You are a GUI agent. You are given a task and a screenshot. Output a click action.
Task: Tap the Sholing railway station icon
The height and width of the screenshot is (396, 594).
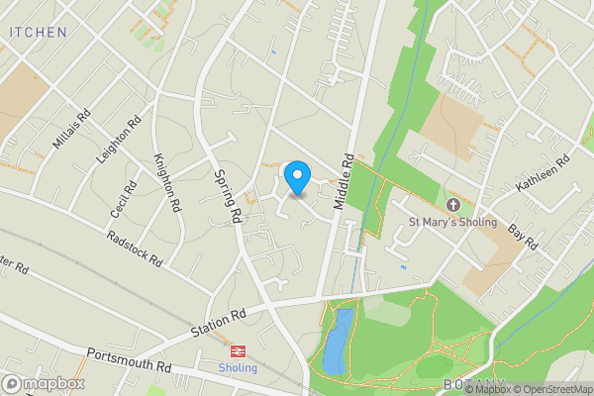(238, 350)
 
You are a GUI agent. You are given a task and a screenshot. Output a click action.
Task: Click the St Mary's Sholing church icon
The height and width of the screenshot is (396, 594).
(453, 205)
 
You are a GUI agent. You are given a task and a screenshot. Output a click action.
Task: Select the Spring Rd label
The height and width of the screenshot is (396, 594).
(228, 193)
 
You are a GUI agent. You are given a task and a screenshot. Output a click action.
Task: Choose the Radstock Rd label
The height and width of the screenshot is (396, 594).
(134, 248)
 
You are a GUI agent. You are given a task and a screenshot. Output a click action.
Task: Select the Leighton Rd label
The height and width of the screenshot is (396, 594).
(115, 145)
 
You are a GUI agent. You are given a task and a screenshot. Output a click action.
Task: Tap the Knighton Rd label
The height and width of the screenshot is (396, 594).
(167, 182)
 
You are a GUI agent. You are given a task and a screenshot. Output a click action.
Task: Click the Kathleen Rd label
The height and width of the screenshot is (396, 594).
(543, 173)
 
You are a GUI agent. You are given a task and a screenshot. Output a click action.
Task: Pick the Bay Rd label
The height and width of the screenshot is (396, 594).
(522, 237)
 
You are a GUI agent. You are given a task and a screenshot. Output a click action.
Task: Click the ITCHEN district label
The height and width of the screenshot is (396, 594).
(38, 32)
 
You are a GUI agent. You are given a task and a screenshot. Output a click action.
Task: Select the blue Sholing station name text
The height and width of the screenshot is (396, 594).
(238, 368)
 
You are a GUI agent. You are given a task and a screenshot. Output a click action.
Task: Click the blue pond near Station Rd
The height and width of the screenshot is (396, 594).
(338, 340)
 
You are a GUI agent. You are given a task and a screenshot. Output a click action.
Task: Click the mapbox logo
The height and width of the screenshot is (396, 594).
(43, 383)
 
